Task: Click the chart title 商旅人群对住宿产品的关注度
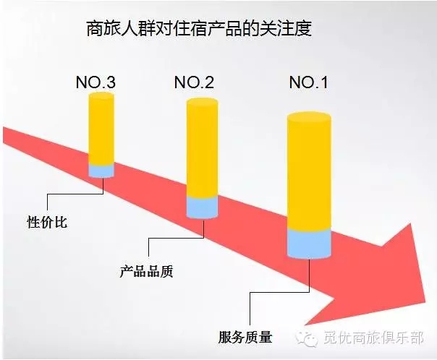coord(199,29)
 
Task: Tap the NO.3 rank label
coord(96,82)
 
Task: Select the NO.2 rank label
coord(194,82)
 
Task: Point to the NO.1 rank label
coord(308,82)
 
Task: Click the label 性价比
coord(47,222)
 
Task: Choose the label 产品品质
coord(146,270)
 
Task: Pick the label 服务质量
coord(245,337)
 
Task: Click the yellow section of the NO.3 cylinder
coord(101,129)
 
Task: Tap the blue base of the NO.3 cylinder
coord(101,171)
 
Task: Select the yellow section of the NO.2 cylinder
coord(202,148)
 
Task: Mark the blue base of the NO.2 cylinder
coord(202,207)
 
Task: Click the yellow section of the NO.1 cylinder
coord(309,171)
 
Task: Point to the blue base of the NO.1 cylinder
coord(309,244)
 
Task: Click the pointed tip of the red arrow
coord(425,302)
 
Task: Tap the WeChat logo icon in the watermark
coord(307,338)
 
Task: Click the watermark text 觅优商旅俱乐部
coord(373,338)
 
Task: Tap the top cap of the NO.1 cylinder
coord(309,117)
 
